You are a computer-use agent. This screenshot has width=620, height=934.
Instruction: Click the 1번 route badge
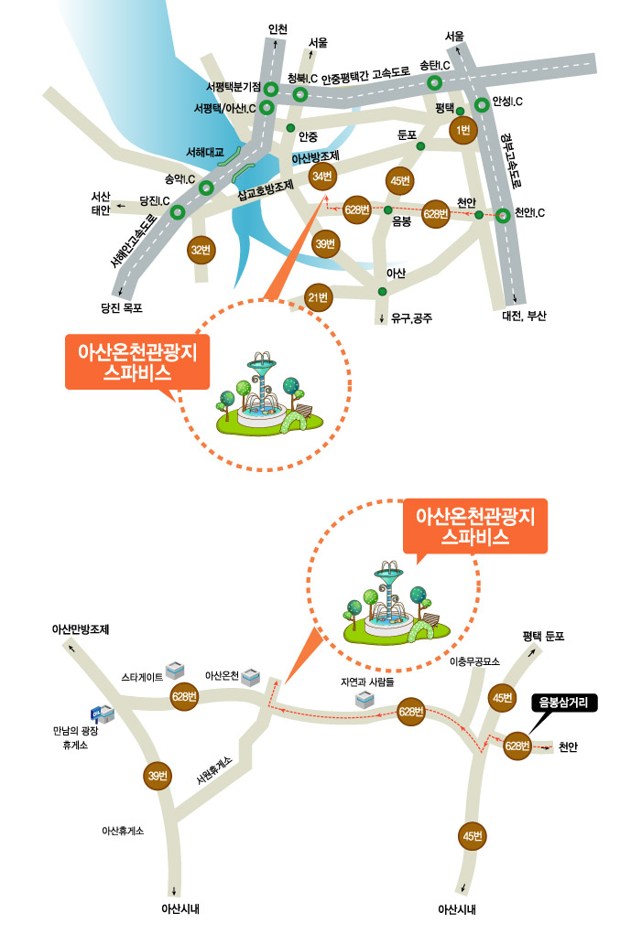(463, 130)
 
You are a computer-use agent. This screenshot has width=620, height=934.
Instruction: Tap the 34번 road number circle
(322, 177)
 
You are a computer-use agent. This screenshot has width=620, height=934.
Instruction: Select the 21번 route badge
(318, 296)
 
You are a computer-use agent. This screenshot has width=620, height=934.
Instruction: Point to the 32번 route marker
(200, 250)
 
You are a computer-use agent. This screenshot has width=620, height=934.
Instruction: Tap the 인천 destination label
(277, 29)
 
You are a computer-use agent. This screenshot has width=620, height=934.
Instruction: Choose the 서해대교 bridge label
(205, 152)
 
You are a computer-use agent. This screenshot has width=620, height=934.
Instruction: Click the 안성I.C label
(507, 102)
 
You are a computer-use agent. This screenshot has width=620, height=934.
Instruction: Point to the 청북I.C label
(302, 78)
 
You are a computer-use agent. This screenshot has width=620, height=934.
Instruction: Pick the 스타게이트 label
(142, 677)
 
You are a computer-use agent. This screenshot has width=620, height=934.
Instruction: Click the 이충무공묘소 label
(474, 660)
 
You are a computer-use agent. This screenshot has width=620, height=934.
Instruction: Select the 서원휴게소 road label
(214, 774)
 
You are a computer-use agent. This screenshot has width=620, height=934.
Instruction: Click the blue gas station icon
(99, 714)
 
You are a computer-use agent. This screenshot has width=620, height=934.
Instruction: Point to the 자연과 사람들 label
(366, 682)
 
